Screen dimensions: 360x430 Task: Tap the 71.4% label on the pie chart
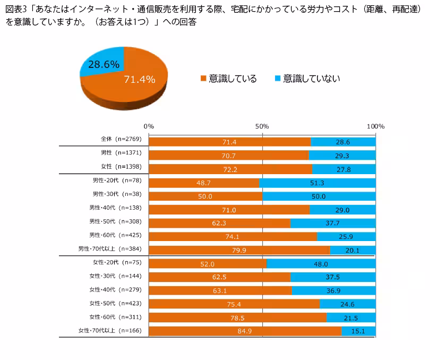139,80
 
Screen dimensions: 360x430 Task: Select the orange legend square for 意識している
203,79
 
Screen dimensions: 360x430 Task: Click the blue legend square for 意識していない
277,79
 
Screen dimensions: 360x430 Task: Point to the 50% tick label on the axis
262,126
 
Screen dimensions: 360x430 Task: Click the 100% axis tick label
375,126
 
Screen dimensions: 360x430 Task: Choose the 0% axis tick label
149,126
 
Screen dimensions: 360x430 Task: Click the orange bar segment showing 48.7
204,183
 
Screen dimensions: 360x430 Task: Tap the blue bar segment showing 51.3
317,183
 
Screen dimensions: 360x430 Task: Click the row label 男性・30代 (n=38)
115,194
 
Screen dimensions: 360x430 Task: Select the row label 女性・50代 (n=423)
116,303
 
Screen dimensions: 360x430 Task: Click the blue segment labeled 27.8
344,169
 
